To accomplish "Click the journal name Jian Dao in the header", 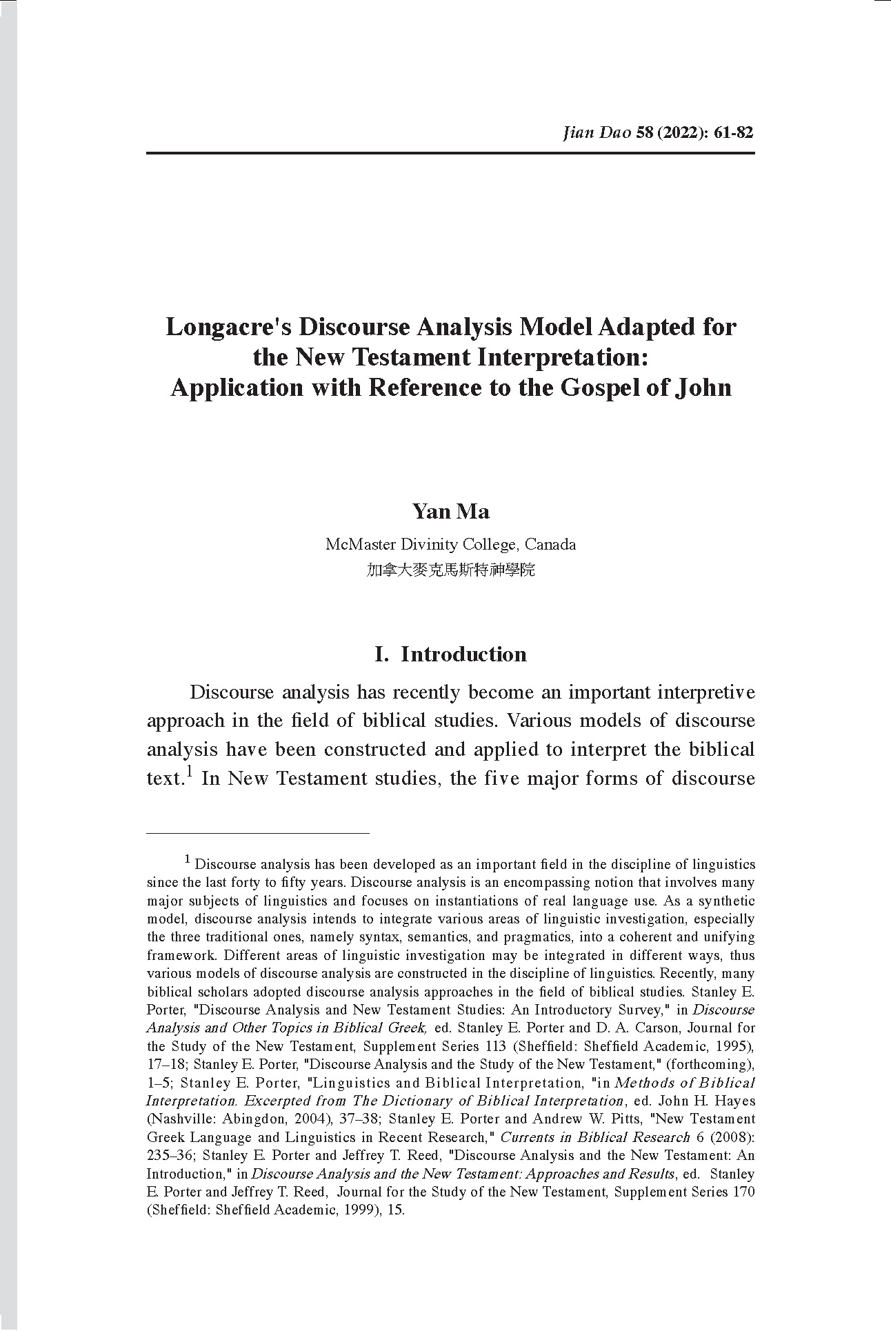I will [x=597, y=132].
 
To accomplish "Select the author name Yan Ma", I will [x=450, y=512].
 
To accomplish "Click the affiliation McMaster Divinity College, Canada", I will [x=450, y=544].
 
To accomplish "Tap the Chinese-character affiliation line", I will [x=450, y=570].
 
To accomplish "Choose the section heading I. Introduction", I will [x=450, y=654].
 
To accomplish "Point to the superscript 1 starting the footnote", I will [x=187, y=860].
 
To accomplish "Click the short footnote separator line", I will [x=258, y=834].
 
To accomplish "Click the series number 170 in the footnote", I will [x=741, y=1191].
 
